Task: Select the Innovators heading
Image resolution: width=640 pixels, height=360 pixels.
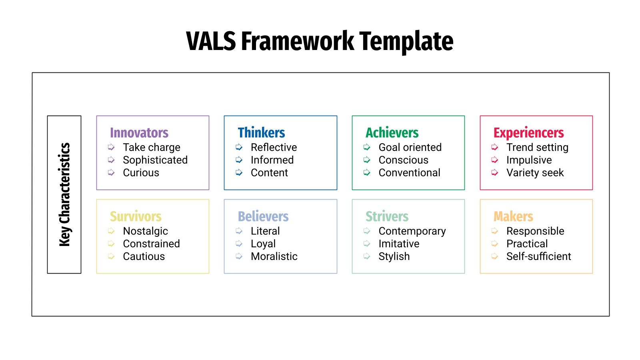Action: (x=139, y=132)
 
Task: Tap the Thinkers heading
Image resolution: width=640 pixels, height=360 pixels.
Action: (x=261, y=132)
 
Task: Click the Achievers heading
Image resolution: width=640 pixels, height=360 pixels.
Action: (x=392, y=132)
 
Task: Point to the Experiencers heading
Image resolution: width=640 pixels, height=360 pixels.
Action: (x=528, y=132)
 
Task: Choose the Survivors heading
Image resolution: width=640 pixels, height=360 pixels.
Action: (x=136, y=216)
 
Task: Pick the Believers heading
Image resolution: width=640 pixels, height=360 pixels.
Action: (x=263, y=216)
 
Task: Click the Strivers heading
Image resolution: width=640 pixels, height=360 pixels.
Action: (x=387, y=216)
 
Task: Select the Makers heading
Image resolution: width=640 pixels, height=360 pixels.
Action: (x=513, y=216)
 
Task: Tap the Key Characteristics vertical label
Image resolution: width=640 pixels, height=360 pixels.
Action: (x=64, y=194)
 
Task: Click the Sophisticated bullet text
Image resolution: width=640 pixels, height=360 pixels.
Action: (x=155, y=160)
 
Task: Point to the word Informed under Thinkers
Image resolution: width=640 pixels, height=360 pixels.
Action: (x=272, y=160)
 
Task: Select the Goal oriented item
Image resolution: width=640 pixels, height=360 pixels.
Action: (x=410, y=147)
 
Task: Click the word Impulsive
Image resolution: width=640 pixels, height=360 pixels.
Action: (x=529, y=160)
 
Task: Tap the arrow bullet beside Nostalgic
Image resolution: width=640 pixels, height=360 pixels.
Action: (x=111, y=231)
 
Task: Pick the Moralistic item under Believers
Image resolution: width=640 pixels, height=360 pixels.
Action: (x=274, y=256)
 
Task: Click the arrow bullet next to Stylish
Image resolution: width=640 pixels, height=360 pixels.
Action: (x=367, y=256)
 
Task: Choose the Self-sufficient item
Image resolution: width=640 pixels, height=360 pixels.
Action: (x=538, y=256)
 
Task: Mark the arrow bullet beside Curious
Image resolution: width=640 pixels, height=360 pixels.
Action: (x=111, y=172)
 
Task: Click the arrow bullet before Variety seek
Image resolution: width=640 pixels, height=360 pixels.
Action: (x=495, y=172)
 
